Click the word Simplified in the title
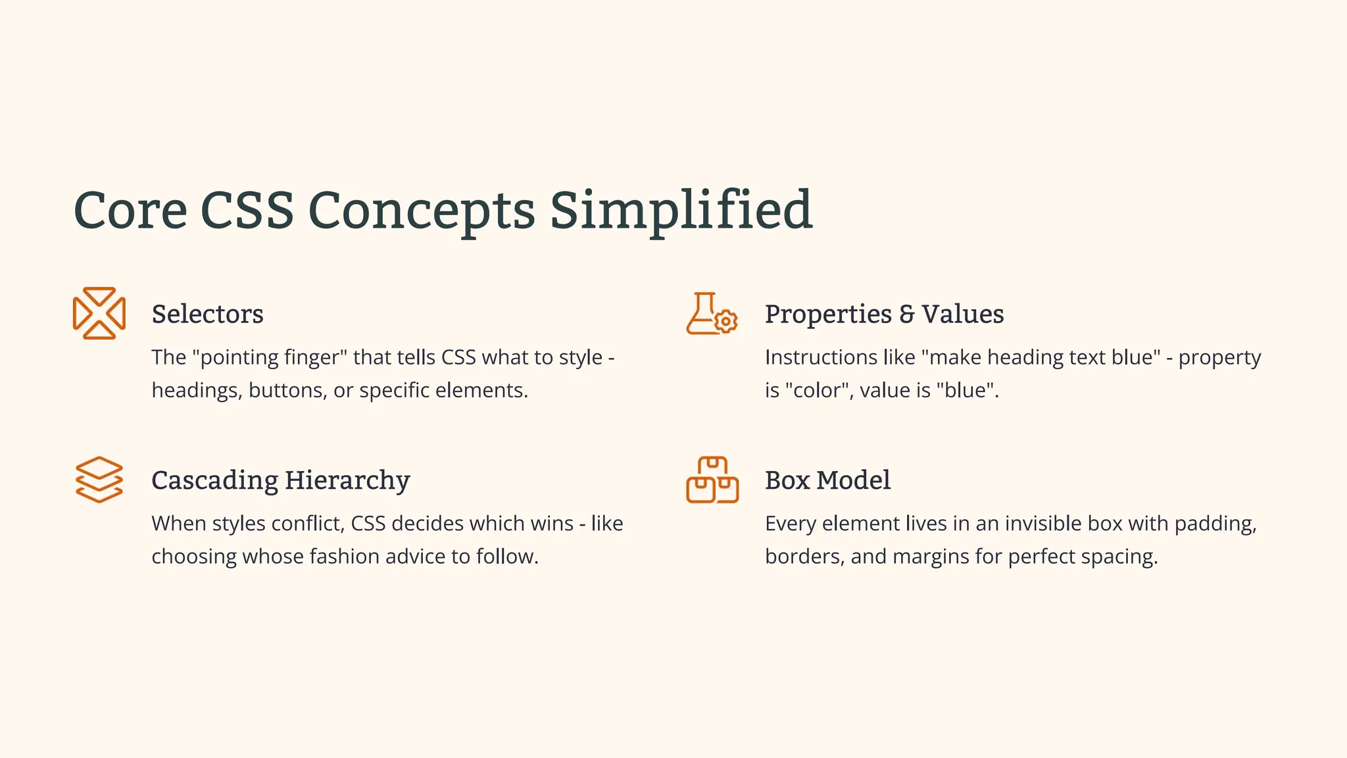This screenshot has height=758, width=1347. pos(681,211)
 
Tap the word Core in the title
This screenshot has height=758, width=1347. pos(130,211)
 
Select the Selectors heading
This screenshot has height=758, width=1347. pos(207,315)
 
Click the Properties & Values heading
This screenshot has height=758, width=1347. pos(884,315)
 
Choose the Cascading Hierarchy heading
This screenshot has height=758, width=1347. pos(281,480)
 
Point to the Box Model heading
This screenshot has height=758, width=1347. pos(827,480)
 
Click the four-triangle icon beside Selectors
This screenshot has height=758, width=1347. pos(99,313)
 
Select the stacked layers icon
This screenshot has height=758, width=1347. pos(99,480)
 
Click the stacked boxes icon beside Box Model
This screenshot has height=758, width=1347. pos(712,480)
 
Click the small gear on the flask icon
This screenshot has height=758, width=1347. pos(725,321)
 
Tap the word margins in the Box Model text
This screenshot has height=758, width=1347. pos(931,557)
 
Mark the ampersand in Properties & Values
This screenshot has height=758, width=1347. pos(907,315)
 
